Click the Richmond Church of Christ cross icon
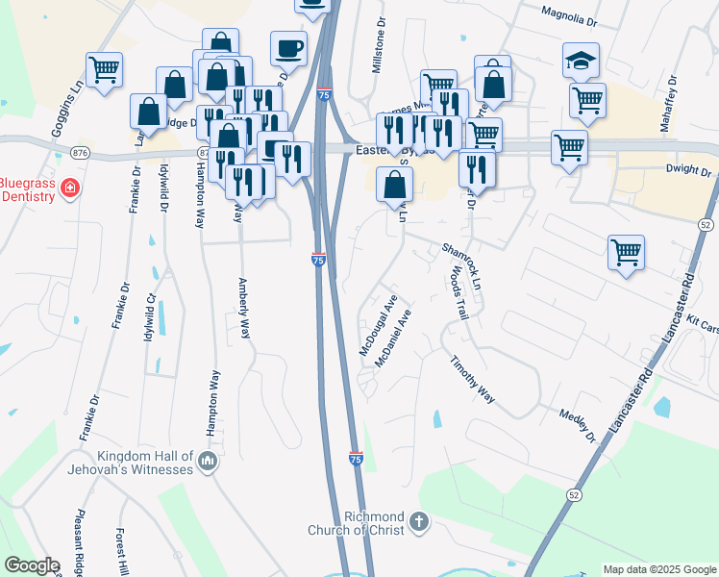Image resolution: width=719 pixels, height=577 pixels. [x=418, y=522]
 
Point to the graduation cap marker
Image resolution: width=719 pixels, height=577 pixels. [x=581, y=61]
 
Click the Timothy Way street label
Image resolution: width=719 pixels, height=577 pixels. [x=473, y=379]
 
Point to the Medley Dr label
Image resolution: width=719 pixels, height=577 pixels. [x=578, y=424]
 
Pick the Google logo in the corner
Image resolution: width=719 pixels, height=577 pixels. [x=32, y=565]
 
